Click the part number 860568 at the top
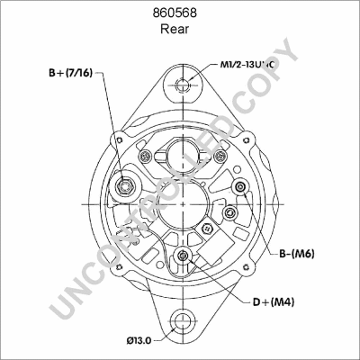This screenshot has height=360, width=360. click(180, 13)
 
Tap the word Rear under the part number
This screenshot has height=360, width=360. click(180, 29)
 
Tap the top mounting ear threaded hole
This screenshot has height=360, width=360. click(183, 87)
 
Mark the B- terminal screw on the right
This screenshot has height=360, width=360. click(240, 186)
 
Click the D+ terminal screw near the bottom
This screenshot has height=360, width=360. click(184, 258)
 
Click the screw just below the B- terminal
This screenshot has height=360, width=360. click(231, 211)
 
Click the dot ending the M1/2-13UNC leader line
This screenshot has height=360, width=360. click(183, 87)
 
